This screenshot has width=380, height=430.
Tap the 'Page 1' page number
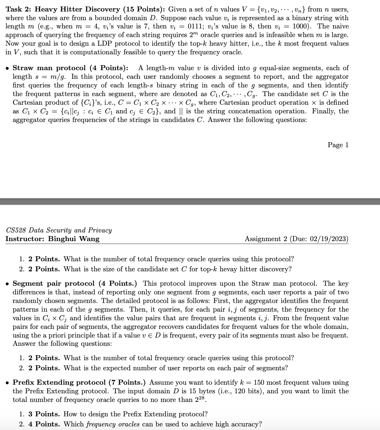338,145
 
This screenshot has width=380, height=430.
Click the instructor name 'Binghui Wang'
74,239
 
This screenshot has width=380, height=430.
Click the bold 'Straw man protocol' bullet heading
49,68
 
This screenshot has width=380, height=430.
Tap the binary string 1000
302,27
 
